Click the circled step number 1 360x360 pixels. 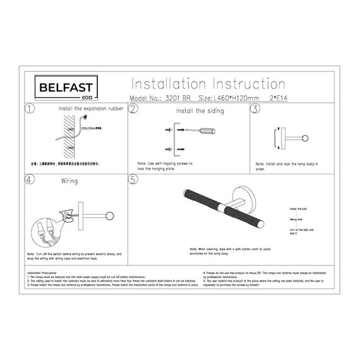click(x=29, y=109)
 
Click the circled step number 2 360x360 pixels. click(x=133, y=109)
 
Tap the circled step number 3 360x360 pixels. click(x=255, y=109)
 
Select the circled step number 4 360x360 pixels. click(x=29, y=179)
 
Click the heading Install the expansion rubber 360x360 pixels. click(x=91, y=109)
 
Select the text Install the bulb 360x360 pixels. click(x=298, y=208)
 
